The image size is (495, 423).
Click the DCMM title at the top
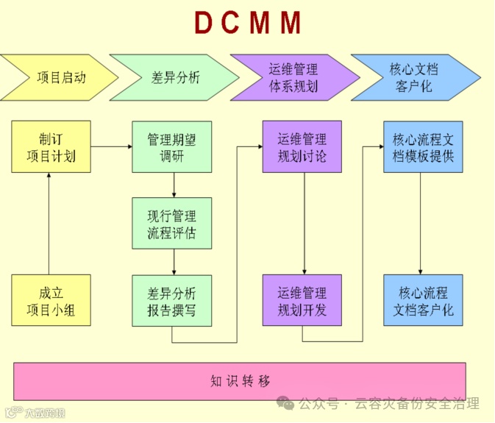(248, 24)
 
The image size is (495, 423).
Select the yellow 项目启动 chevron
(59, 77)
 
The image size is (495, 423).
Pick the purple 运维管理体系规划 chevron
(293, 77)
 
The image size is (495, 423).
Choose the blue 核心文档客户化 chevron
(413, 77)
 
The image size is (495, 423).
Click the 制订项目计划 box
(51, 146)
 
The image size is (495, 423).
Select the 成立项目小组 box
(51, 300)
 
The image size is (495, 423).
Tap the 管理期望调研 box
(172, 146)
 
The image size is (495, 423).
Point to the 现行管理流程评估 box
(172, 224)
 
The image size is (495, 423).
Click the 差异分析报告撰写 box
(172, 300)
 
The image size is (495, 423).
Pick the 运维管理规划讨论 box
(302, 146)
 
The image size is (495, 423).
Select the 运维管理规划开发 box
(302, 300)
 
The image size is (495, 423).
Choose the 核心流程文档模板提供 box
(423, 146)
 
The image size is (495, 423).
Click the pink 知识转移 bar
(240, 381)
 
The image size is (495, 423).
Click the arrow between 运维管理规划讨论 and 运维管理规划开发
(304, 224)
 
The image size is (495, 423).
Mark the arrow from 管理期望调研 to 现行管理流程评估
(174, 185)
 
